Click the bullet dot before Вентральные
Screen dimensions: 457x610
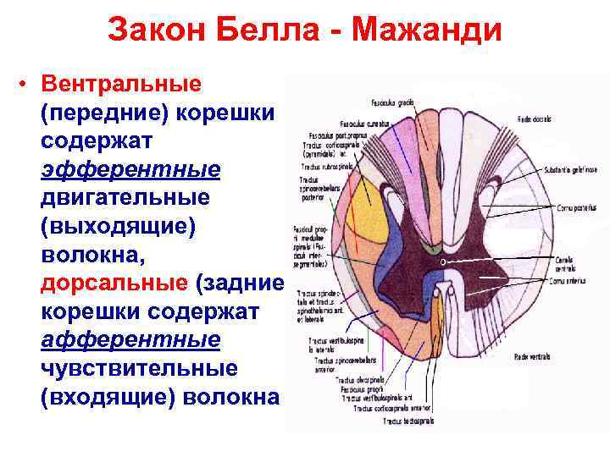click(28, 85)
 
